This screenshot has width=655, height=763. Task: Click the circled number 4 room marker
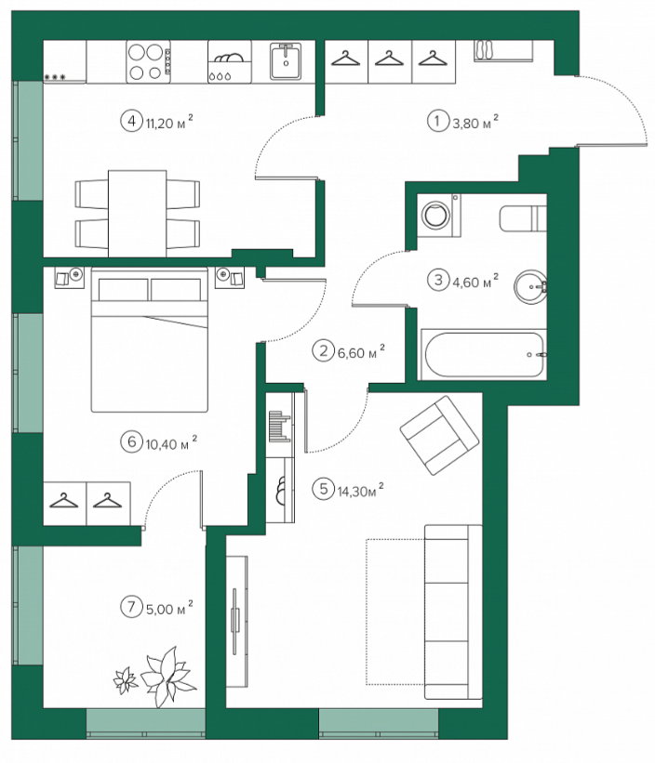pos(131,120)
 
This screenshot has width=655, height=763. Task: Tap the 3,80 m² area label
pos(475,122)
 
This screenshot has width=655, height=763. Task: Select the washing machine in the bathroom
pos(439,215)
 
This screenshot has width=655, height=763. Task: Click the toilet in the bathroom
pos(523,218)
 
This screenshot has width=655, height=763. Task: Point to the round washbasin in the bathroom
pos(530,287)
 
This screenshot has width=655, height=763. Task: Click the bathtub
pos(483,354)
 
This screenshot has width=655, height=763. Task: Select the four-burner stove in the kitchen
pos(149,61)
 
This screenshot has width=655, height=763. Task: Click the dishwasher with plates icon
pos(230,61)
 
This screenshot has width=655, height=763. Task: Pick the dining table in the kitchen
pos(138,214)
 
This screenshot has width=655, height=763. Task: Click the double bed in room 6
pos(150,339)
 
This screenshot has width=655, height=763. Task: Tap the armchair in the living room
pos(439,435)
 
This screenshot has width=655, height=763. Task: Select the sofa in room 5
pos(453,612)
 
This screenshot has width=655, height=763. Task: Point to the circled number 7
pos(131,606)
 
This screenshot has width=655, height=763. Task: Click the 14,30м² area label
pos(360,490)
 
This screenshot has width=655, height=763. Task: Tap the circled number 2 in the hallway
pos(323,350)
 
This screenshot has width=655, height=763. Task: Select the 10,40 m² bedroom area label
pos(171,442)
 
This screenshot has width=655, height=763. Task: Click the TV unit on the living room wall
pos(237,622)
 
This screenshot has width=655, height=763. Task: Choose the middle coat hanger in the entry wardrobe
pos(390,59)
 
